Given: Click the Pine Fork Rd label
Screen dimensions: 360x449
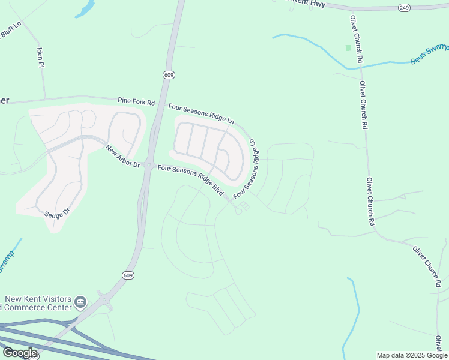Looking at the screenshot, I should pos(136,101).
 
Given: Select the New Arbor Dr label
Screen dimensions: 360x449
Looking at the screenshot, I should pos(122,156).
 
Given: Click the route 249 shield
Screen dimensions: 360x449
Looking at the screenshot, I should pos(403,7).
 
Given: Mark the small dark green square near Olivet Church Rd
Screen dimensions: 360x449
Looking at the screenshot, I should pos(348,47).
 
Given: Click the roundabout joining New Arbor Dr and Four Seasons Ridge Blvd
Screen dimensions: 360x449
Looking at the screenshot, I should pos(148,165).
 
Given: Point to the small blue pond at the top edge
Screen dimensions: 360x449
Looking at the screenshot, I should pos(85,8).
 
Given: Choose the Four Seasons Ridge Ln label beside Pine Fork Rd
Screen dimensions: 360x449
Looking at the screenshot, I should pos(201,113).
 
